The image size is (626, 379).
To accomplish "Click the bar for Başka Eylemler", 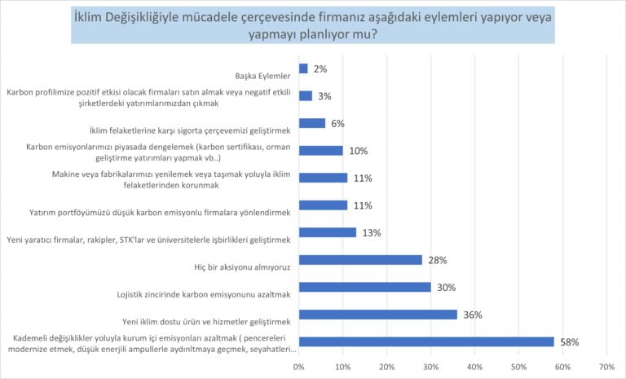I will pos(303,69).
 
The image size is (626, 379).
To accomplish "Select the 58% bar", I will pos(426,342).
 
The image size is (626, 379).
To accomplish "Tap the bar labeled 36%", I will pos(378,314).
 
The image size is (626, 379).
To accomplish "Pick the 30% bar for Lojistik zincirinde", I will pos(365,287).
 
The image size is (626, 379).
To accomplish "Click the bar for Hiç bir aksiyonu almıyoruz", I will pos(360,259).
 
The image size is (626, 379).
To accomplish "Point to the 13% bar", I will pos(328,232).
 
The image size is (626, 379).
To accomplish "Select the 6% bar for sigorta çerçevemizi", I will pos(312,123).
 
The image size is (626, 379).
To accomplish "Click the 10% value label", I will pos(359,151).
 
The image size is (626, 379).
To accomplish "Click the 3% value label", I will pos(324,96).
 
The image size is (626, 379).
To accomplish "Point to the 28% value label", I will pos(438,259).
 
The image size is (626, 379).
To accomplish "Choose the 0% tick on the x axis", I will pos(299,366).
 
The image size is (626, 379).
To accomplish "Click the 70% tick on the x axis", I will pos(606,366).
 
